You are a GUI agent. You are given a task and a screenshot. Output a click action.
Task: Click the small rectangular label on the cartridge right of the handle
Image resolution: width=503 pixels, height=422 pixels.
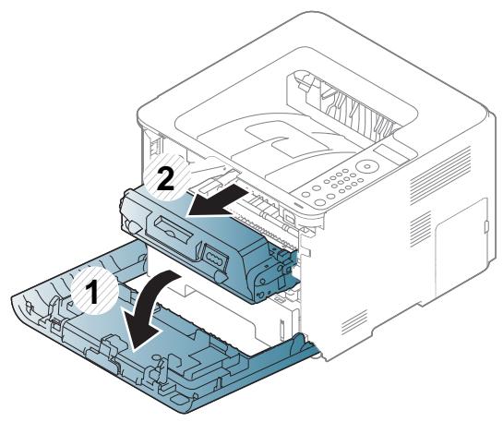click(213, 256)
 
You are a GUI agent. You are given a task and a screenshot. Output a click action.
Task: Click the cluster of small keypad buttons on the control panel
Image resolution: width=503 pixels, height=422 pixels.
click(341, 186)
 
